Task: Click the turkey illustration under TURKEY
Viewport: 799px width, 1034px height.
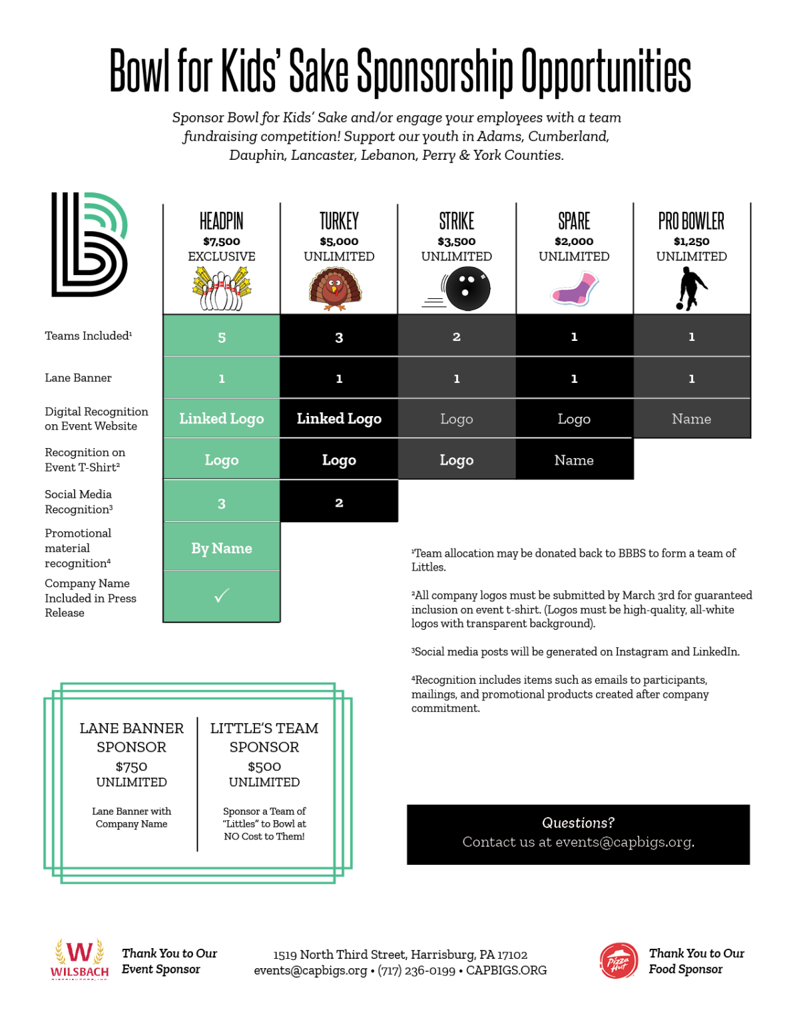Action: tap(336, 290)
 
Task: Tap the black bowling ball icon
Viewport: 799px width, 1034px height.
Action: tap(467, 289)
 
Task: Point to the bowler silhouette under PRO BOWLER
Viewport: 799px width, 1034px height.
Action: tap(690, 288)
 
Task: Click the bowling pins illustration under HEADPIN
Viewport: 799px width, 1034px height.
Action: tap(221, 290)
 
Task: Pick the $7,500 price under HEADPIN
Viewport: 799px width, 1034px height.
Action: tap(222, 241)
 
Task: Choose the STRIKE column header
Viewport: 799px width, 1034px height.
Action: tap(457, 221)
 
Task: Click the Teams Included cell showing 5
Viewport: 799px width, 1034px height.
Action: tap(222, 338)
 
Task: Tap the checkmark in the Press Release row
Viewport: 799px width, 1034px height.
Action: tap(222, 595)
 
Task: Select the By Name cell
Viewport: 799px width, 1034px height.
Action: tap(222, 549)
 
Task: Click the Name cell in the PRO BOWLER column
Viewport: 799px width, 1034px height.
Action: tap(691, 419)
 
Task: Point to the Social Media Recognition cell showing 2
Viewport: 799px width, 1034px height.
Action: tap(339, 503)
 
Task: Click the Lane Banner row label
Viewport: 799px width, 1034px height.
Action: tap(78, 378)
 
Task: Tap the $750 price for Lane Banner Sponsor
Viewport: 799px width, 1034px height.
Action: tap(131, 766)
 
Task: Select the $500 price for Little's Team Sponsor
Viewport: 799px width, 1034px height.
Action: tap(264, 766)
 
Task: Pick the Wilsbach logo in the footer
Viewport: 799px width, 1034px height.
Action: tap(80, 959)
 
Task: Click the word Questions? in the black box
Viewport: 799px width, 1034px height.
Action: tap(578, 823)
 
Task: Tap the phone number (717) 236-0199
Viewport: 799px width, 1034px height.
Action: tap(416, 971)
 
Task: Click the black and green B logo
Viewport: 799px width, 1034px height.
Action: tap(89, 244)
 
